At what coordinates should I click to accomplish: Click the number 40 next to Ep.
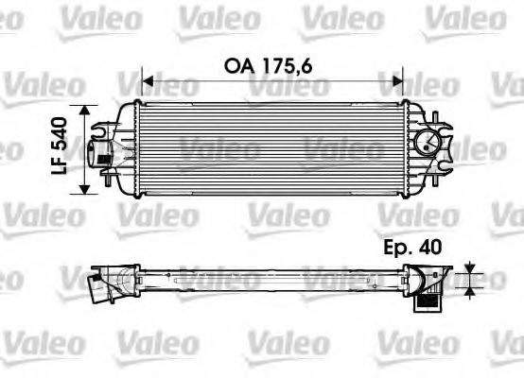(x=431, y=249)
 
